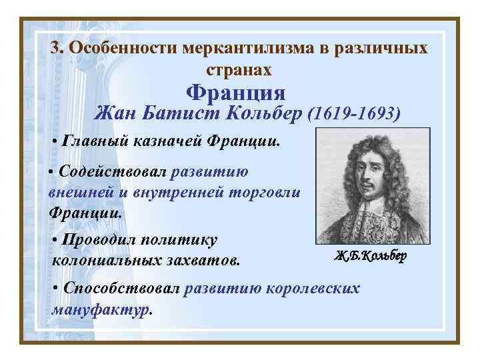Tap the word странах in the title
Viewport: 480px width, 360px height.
pos(239,69)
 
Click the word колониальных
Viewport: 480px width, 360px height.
pos(109,259)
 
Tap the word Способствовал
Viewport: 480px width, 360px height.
pos(121,289)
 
